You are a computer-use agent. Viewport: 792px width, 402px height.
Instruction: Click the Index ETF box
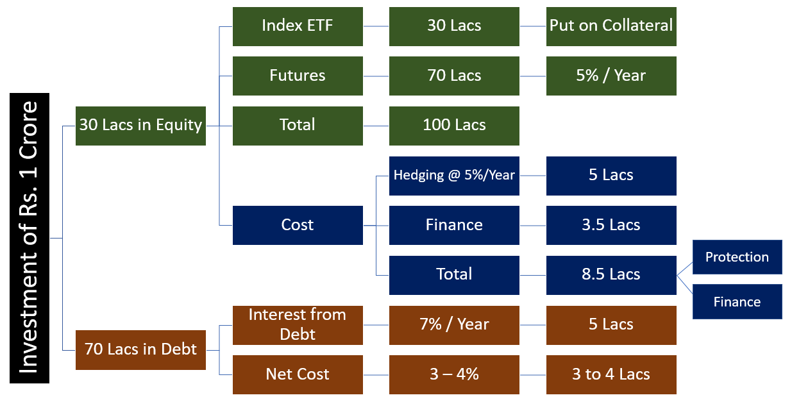298,26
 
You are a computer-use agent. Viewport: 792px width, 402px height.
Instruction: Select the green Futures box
298,76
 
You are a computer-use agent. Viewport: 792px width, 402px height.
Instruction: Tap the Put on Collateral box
611,26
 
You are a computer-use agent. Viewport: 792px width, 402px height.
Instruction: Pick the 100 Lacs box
454,126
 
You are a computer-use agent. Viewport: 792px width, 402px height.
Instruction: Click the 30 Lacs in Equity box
140,126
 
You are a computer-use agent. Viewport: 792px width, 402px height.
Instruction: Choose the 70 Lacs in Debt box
140,350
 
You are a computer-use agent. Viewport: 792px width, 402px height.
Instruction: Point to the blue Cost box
298,225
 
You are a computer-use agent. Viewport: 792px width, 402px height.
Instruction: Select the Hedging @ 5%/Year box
454,176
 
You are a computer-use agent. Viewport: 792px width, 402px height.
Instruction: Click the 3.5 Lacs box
611,225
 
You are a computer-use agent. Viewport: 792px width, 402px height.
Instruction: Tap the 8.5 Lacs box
611,275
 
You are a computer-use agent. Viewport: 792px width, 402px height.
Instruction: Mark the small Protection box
737,257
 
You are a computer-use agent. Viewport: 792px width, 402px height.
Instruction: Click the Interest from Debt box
298,325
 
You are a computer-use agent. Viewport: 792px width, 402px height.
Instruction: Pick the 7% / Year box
454,325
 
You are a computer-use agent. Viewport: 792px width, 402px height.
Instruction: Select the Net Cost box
298,375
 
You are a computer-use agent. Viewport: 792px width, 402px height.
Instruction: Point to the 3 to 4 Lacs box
611,375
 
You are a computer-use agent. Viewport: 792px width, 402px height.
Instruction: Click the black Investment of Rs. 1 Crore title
29,238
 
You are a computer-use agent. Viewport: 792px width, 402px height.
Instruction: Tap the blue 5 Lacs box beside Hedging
611,176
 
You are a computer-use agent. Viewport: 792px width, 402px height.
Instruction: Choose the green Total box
298,126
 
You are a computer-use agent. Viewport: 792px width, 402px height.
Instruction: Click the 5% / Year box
611,76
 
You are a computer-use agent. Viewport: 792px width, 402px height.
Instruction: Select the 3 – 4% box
454,375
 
